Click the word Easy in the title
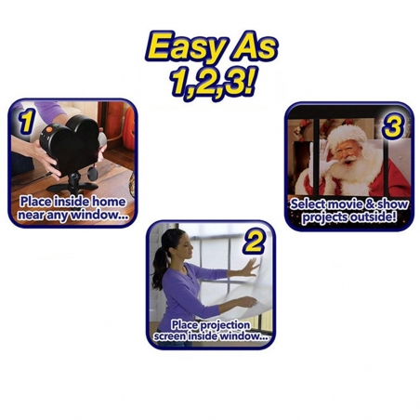click(184, 47)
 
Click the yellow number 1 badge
click(26, 122)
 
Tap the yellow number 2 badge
click(255, 243)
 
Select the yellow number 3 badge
click(393, 125)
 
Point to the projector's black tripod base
click(72, 185)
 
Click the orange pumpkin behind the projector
click(129, 127)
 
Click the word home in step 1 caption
click(109, 202)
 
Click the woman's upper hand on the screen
click(250, 267)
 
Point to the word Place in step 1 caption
click(35, 202)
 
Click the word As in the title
click(252, 47)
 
